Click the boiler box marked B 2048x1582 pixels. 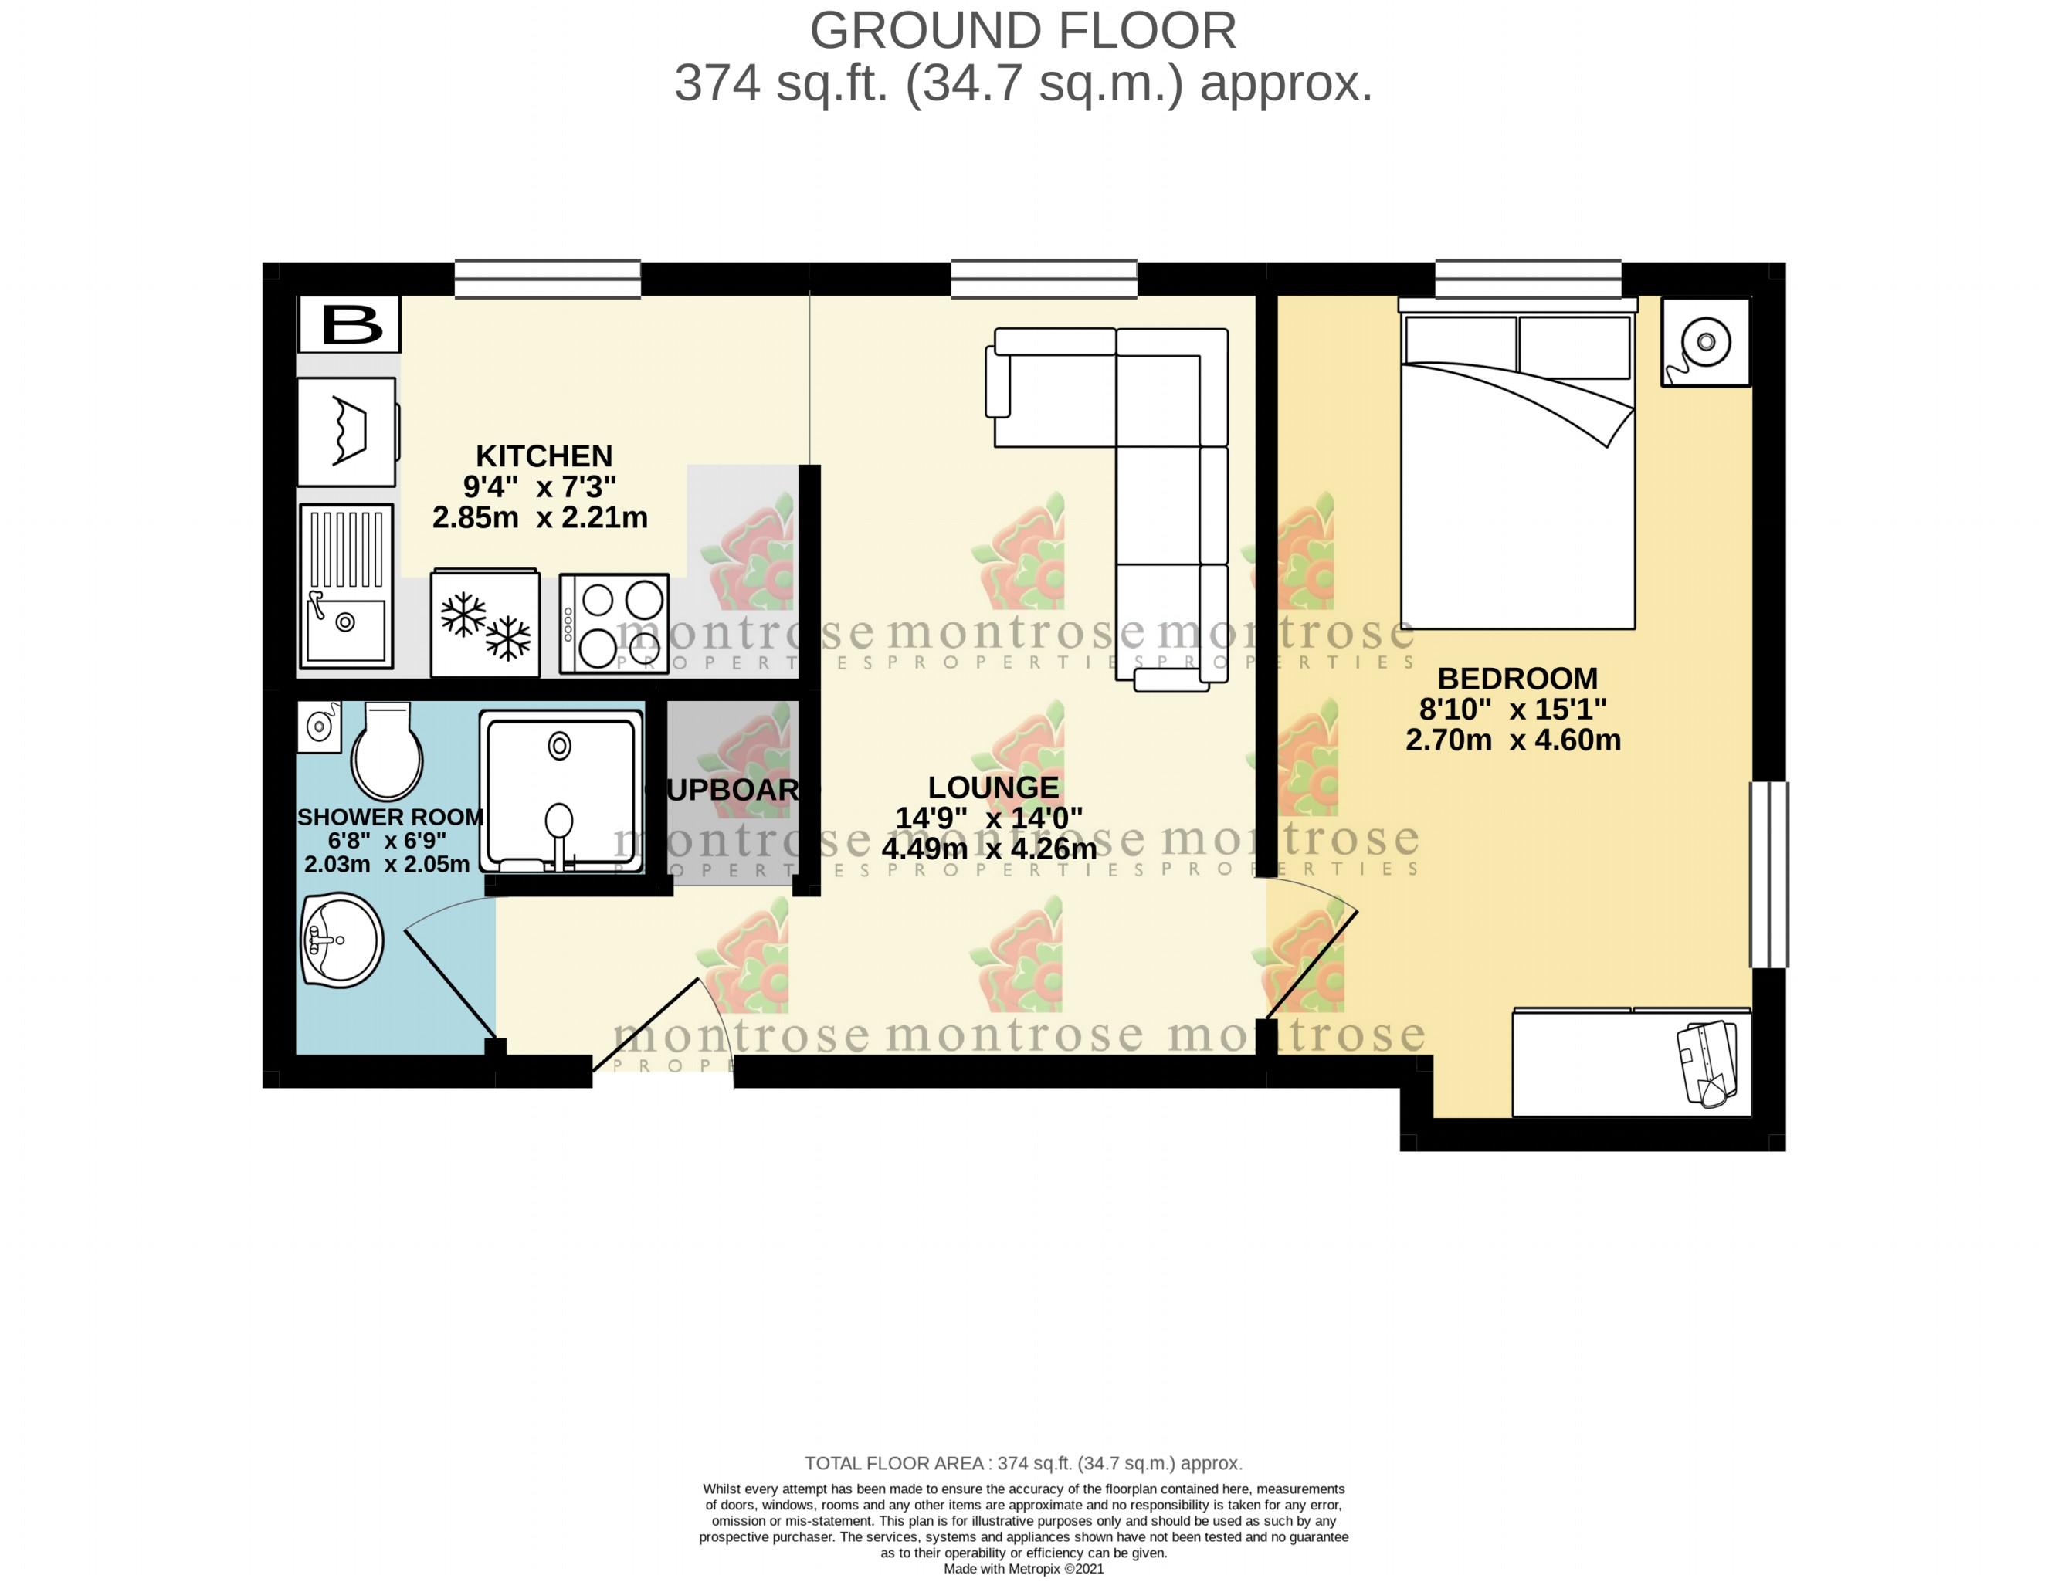pos(349,324)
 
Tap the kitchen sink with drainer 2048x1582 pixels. pos(345,585)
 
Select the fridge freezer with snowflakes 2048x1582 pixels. pos(485,624)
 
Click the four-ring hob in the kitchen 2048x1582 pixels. pos(613,624)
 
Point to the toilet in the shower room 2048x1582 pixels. pos(385,752)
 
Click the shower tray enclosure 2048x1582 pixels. pos(561,791)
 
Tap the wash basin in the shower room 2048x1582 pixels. pos(341,940)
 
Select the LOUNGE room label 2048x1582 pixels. pos(993,787)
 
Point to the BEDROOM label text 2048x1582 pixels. pos(1517,678)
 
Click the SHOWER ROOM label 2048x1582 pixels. pos(390,817)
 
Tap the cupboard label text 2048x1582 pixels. pos(734,790)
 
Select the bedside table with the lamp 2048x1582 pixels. pos(1705,342)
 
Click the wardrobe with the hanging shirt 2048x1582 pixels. pos(1631,1062)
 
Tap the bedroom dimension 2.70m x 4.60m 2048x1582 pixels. pos(1513,740)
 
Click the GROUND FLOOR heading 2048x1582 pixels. pos(1023,31)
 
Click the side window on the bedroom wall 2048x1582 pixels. pos(1768,874)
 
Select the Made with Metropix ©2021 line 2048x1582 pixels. pos(1023,1569)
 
